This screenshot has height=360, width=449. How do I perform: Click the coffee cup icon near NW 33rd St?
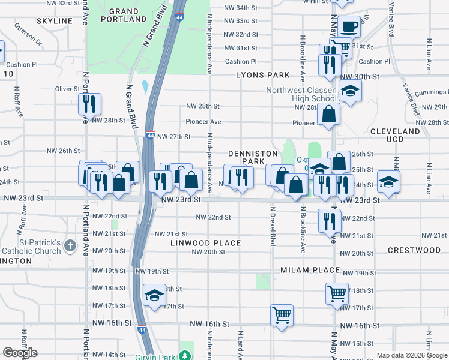(x=348, y=26)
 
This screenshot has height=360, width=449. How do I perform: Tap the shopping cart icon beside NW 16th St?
(x=282, y=314)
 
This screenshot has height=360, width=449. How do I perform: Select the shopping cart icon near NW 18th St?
(x=337, y=293)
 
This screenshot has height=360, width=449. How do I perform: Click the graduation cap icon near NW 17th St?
(x=155, y=295)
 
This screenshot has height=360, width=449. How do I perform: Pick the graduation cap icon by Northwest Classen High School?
(x=348, y=91)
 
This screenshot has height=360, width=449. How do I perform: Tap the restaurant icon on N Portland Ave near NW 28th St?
(x=89, y=104)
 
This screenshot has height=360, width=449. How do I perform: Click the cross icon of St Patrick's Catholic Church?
(x=70, y=245)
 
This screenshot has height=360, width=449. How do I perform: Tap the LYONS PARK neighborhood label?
(x=262, y=76)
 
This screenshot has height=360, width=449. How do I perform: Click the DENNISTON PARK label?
(x=245, y=157)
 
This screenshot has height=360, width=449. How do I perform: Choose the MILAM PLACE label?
(x=310, y=271)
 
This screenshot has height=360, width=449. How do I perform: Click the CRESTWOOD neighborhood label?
(x=414, y=250)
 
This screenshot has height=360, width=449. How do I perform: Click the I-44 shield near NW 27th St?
(x=151, y=136)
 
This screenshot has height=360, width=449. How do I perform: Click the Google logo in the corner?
(x=20, y=353)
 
